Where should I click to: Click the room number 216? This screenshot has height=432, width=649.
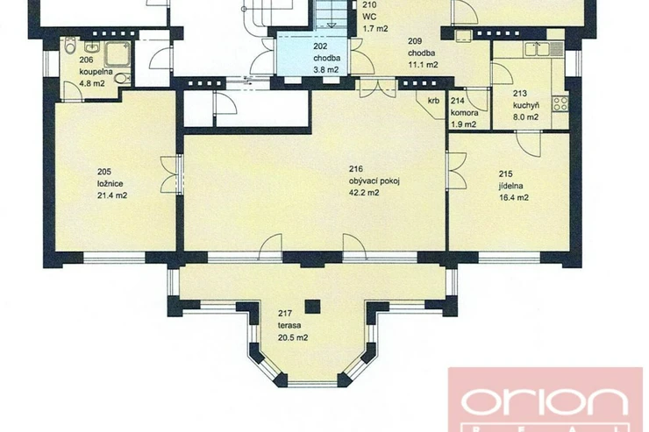(x=356, y=168)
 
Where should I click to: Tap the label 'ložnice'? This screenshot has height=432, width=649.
(x=111, y=183)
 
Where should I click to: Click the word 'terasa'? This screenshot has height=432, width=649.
(x=289, y=325)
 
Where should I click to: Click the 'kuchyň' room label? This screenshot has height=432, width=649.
(x=526, y=105)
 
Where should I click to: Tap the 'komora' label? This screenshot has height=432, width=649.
(x=465, y=112)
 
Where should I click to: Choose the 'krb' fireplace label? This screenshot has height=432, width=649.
(x=433, y=101)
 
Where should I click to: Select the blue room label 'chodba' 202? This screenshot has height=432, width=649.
(x=327, y=59)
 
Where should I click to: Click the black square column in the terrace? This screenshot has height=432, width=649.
(x=312, y=307)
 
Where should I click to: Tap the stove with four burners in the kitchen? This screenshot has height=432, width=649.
(x=560, y=103)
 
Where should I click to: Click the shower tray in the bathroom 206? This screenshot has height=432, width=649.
(x=118, y=53)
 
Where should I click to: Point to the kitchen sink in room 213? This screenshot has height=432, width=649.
(x=538, y=50)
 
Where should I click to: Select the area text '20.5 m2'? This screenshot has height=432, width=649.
(x=293, y=337)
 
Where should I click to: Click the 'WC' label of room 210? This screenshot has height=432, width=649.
(x=369, y=17)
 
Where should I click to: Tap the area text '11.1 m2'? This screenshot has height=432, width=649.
(x=423, y=65)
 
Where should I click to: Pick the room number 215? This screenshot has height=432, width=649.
(x=506, y=174)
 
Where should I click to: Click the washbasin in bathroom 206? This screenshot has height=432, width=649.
(x=92, y=46)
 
